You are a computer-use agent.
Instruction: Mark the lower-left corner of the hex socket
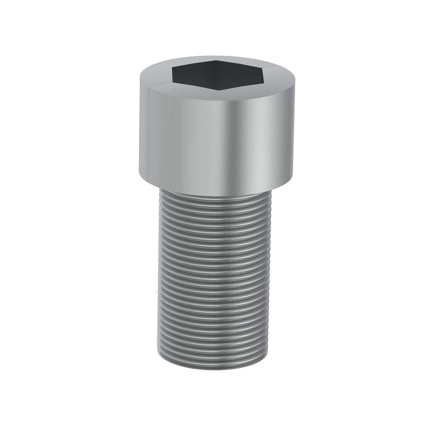(173, 82)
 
